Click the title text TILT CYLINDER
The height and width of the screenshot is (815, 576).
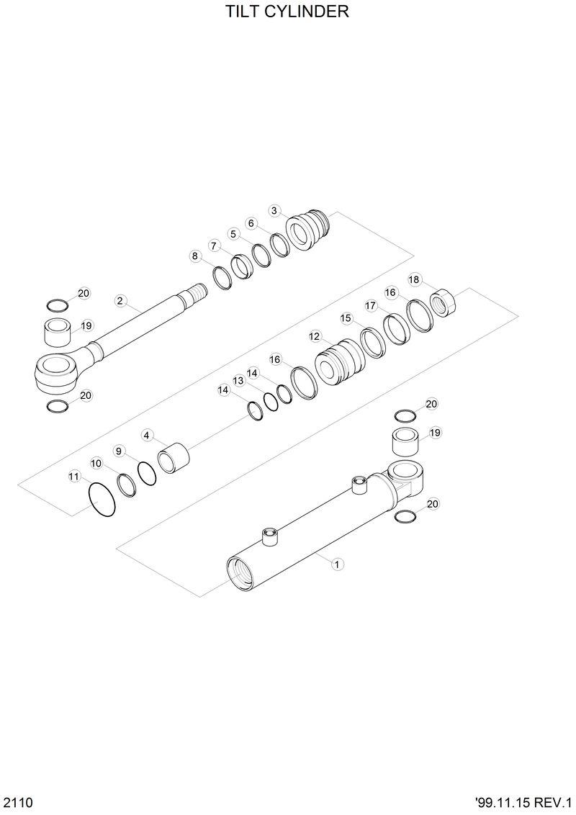pos(287,12)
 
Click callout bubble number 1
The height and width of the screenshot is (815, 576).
pos(336,564)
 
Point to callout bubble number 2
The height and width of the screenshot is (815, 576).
pos(120,300)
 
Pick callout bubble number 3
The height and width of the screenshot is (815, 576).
pos(274,210)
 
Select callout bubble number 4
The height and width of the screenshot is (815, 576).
pos(147,435)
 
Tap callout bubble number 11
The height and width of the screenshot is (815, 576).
pos(74,476)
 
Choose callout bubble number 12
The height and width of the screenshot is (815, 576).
pos(315,336)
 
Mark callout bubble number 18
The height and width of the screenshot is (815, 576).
pos(414,279)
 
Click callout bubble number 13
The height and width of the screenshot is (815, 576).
pos(238,380)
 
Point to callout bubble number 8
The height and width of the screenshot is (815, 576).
pos(195,256)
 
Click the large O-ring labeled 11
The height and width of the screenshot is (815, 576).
pos(102,499)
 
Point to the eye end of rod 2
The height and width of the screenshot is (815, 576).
pos(55,374)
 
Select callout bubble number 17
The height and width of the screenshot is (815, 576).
pos(371,305)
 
